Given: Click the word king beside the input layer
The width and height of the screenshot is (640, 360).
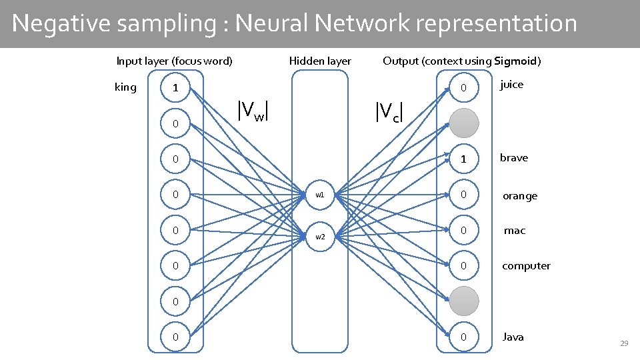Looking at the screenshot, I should pyautogui.click(x=125, y=87).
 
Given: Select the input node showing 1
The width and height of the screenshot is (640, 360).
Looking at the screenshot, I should pyautogui.click(x=175, y=88).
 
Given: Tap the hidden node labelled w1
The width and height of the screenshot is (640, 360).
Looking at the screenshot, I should pyautogui.click(x=320, y=195).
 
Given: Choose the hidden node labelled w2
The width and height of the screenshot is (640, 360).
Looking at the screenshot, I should pyautogui.click(x=320, y=237).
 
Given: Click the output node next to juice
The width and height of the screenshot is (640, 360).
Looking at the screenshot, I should pyautogui.click(x=463, y=87).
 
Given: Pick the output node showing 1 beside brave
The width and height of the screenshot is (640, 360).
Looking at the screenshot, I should pyautogui.click(x=463, y=159).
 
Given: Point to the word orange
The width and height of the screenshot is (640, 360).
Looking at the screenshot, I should pyautogui.click(x=519, y=196).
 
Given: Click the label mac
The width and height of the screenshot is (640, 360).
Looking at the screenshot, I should pyautogui.click(x=515, y=231).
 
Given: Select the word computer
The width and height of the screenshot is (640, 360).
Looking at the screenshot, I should pyautogui.click(x=526, y=266).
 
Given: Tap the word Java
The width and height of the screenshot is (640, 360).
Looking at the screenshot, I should pyautogui.click(x=513, y=337).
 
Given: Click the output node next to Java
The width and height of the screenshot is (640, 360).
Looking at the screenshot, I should pyautogui.click(x=463, y=337).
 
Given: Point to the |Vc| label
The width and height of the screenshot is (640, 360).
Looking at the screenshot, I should pyautogui.click(x=389, y=112).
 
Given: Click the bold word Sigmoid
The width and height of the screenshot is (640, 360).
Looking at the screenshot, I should pyautogui.click(x=515, y=61).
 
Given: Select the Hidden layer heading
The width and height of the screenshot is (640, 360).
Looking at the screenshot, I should pyautogui.click(x=320, y=61).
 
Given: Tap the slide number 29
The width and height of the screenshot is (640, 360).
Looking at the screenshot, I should pyautogui.click(x=624, y=343).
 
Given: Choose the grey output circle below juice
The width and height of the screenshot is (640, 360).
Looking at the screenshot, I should pyautogui.click(x=463, y=123).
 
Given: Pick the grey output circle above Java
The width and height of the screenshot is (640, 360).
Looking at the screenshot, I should pyautogui.click(x=463, y=302).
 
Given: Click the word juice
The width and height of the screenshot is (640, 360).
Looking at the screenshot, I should pyautogui.click(x=511, y=84).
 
